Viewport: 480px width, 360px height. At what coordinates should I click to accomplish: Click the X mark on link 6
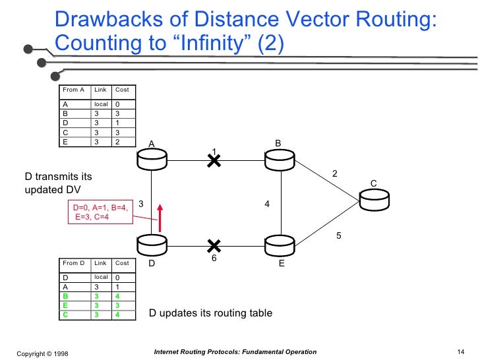pyautogui.click(x=213, y=246)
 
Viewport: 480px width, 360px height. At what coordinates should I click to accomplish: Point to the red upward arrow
pyautogui.click(x=159, y=218)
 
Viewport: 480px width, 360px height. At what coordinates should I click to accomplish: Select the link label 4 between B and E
pyautogui.click(x=267, y=204)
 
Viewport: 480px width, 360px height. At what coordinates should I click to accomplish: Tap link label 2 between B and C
pyautogui.click(x=334, y=173)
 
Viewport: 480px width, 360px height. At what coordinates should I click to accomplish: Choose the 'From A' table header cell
pyautogui.click(x=73, y=90)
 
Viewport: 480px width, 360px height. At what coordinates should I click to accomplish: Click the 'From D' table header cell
pyautogui.click(x=73, y=263)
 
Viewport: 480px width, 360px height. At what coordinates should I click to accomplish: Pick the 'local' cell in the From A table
pyautogui.click(x=100, y=104)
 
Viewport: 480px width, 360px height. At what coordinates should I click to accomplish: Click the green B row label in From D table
pyautogui.click(x=65, y=296)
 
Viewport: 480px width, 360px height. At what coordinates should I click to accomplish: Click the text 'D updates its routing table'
pyautogui.click(x=210, y=313)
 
